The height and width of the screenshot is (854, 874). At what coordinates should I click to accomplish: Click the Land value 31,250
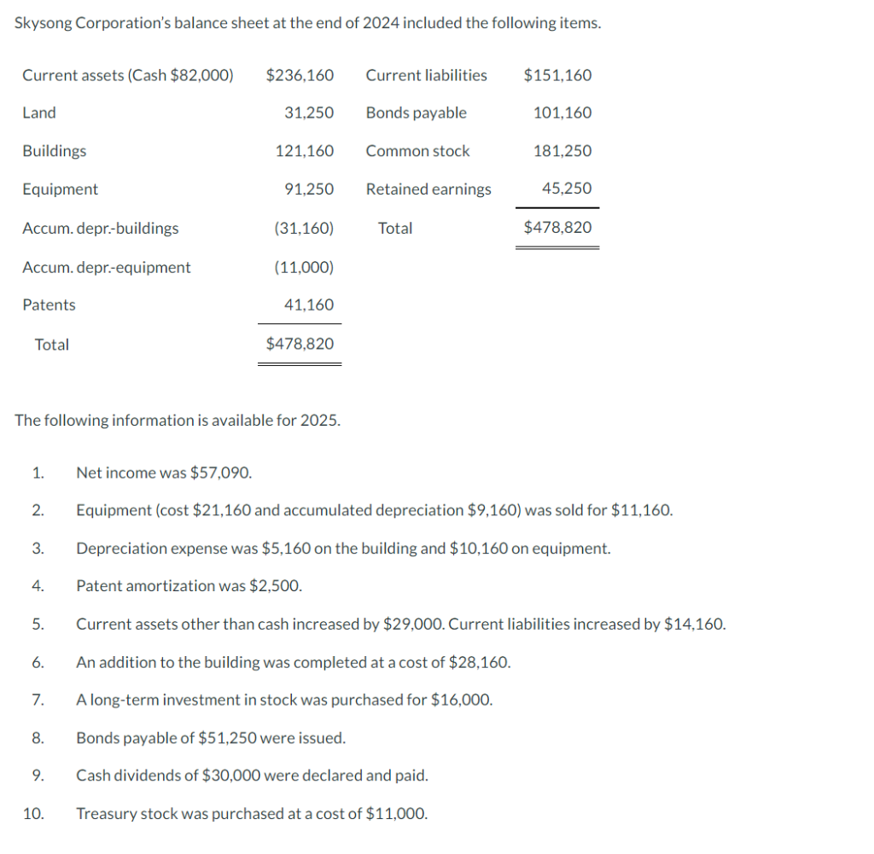tap(309, 113)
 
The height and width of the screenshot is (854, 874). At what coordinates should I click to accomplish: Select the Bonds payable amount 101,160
tap(562, 113)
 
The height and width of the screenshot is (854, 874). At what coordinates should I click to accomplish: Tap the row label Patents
tap(49, 305)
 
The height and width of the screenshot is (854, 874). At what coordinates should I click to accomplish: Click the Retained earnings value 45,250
tap(567, 189)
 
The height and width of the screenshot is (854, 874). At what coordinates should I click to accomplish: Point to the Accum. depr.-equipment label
tap(107, 267)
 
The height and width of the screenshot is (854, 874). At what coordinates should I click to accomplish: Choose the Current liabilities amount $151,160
tap(557, 75)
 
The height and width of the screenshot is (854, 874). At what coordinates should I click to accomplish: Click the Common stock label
tap(417, 151)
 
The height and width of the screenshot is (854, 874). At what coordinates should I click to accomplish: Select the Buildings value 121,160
tap(305, 151)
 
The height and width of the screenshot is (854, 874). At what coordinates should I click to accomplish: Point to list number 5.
tap(38, 625)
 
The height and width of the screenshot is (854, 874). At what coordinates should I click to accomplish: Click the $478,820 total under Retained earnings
tap(557, 228)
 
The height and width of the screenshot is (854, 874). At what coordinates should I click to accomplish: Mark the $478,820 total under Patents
tap(300, 344)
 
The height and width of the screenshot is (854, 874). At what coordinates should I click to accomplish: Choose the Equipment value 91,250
tap(309, 189)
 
